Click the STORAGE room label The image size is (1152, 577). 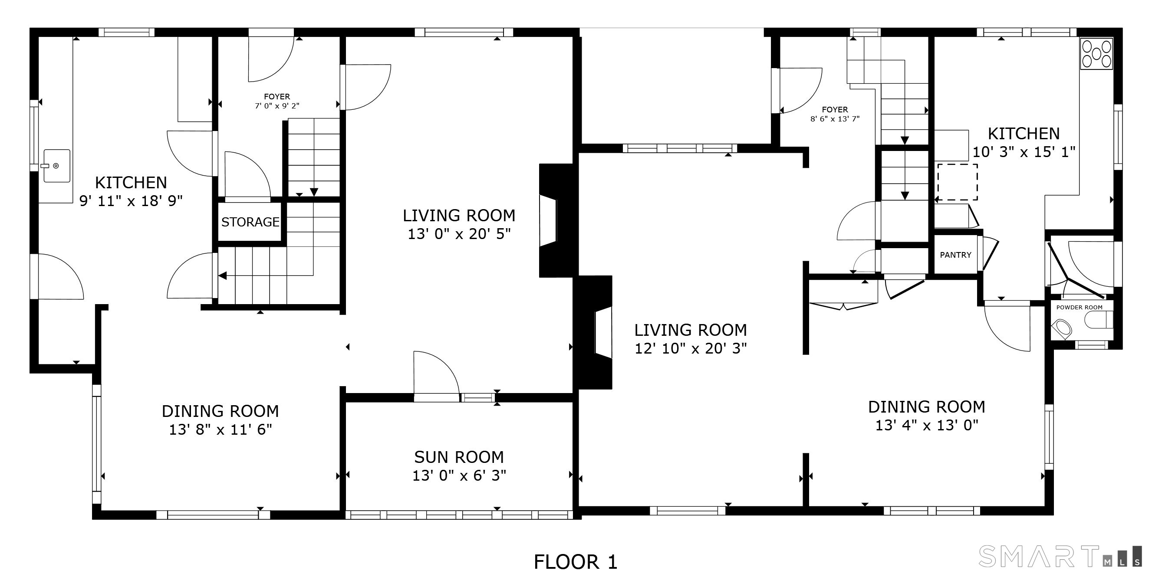(250, 222)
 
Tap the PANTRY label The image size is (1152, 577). (955, 255)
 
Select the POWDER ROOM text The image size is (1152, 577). (1079, 307)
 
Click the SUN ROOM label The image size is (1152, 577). (459, 457)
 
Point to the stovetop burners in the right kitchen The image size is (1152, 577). (1096, 54)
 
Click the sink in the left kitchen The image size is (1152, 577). (57, 166)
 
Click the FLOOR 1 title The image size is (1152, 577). (576, 562)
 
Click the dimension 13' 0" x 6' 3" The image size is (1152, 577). (459, 475)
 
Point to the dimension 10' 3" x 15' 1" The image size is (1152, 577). (1024, 152)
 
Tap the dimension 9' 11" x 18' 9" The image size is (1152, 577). (131, 201)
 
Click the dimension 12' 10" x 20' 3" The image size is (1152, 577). (691, 348)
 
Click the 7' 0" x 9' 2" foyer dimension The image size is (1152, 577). (277, 106)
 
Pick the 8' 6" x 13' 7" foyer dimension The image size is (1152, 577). (835, 119)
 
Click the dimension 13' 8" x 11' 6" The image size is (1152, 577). (221, 429)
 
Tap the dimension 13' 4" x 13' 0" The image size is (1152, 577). (927, 425)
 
